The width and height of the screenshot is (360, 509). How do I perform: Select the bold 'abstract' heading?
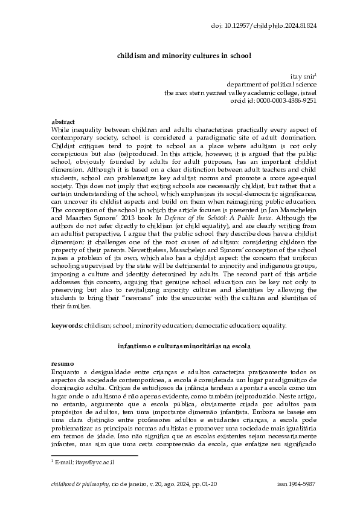pyautogui.click(x=60, y=122)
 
